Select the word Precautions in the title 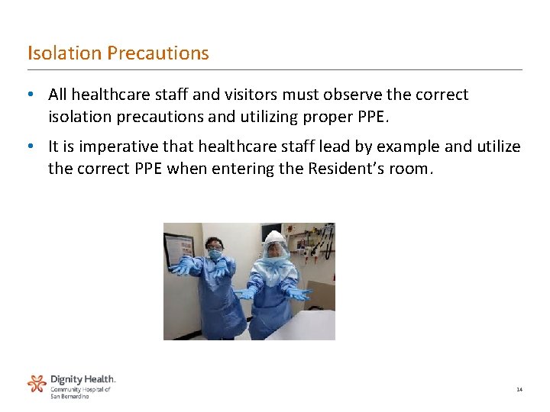[x=158, y=53]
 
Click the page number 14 [x=519, y=389]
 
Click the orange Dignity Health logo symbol [x=37, y=384]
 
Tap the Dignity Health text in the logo [x=83, y=379]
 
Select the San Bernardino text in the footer [x=70, y=397]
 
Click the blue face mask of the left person [x=215, y=255]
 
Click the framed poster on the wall [x=179, y=248]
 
